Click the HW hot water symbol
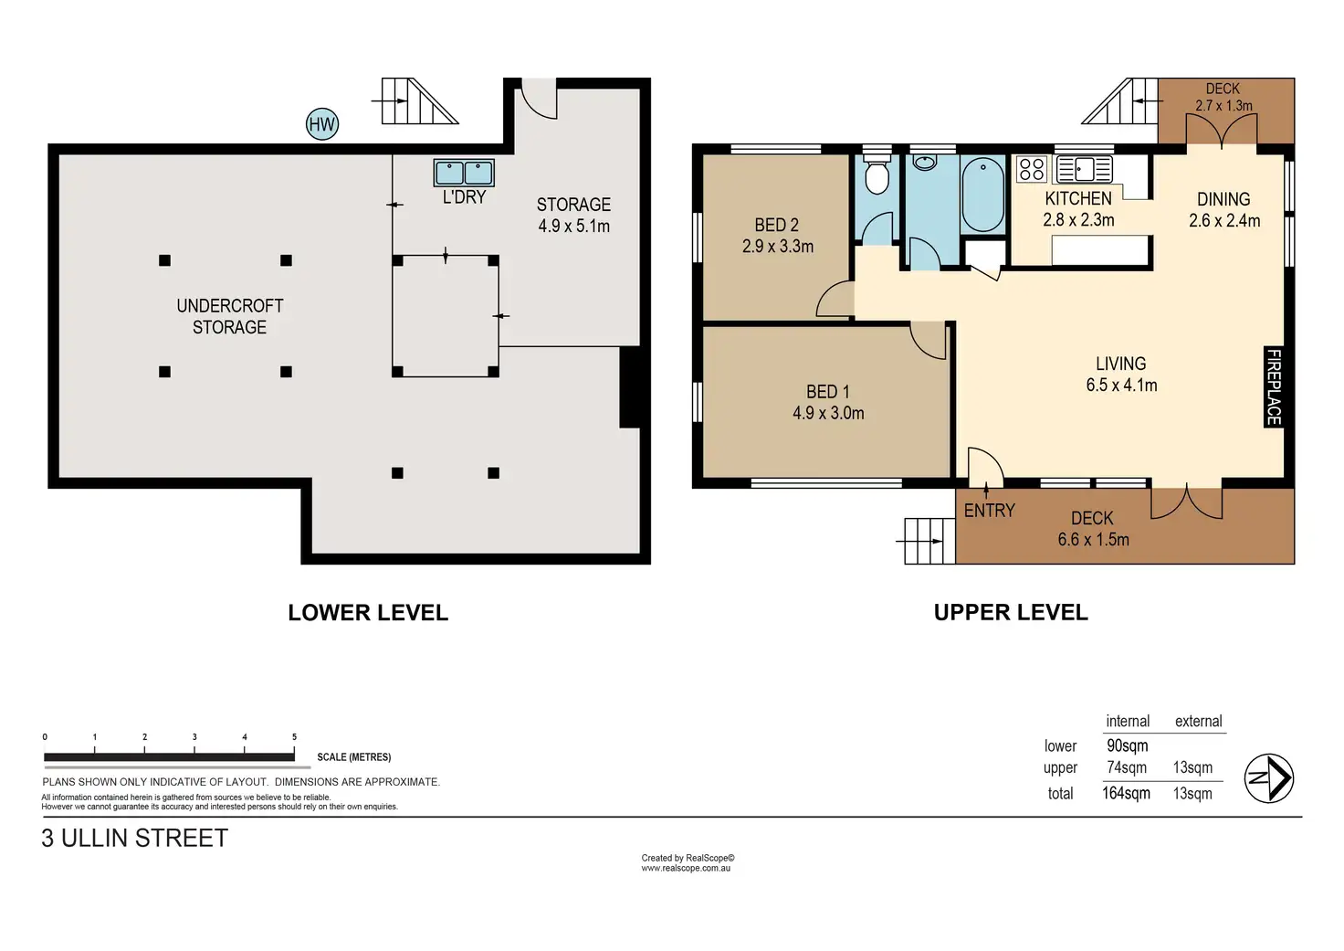coord(322,124)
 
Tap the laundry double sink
coord(464,173)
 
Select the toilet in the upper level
coord(877,174)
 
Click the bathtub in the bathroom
coord(982,194)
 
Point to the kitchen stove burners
coord(1032,169)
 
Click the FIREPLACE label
coord(1273,386)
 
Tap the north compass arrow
coord(1268,778)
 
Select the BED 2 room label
coord(776,225)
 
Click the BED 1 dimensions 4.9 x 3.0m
coord(828,413)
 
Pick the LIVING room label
coord(1121,364)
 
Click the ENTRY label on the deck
coord(990,511)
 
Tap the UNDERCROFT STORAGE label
coord(230,316)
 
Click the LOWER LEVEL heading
coord(368,612)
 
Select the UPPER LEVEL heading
coord(1011,612)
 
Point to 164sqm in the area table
coord(1126,793)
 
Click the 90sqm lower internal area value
coord(1127,745)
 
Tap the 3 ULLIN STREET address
coord(135,838)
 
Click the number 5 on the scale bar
coord(294,736)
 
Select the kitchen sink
coord(1084,169)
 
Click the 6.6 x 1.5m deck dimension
coord(1093,540)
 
